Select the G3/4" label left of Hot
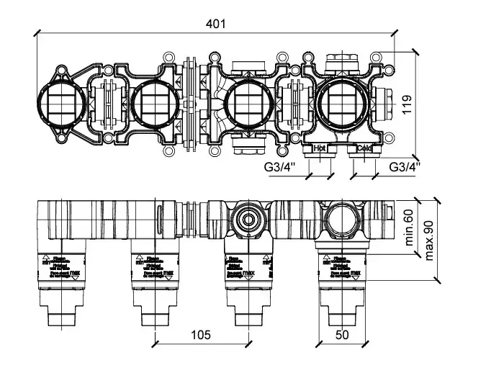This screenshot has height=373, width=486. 279,168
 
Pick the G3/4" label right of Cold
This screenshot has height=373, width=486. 404,168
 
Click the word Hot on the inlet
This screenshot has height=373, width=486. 320,149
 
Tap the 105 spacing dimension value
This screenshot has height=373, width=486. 200,334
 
